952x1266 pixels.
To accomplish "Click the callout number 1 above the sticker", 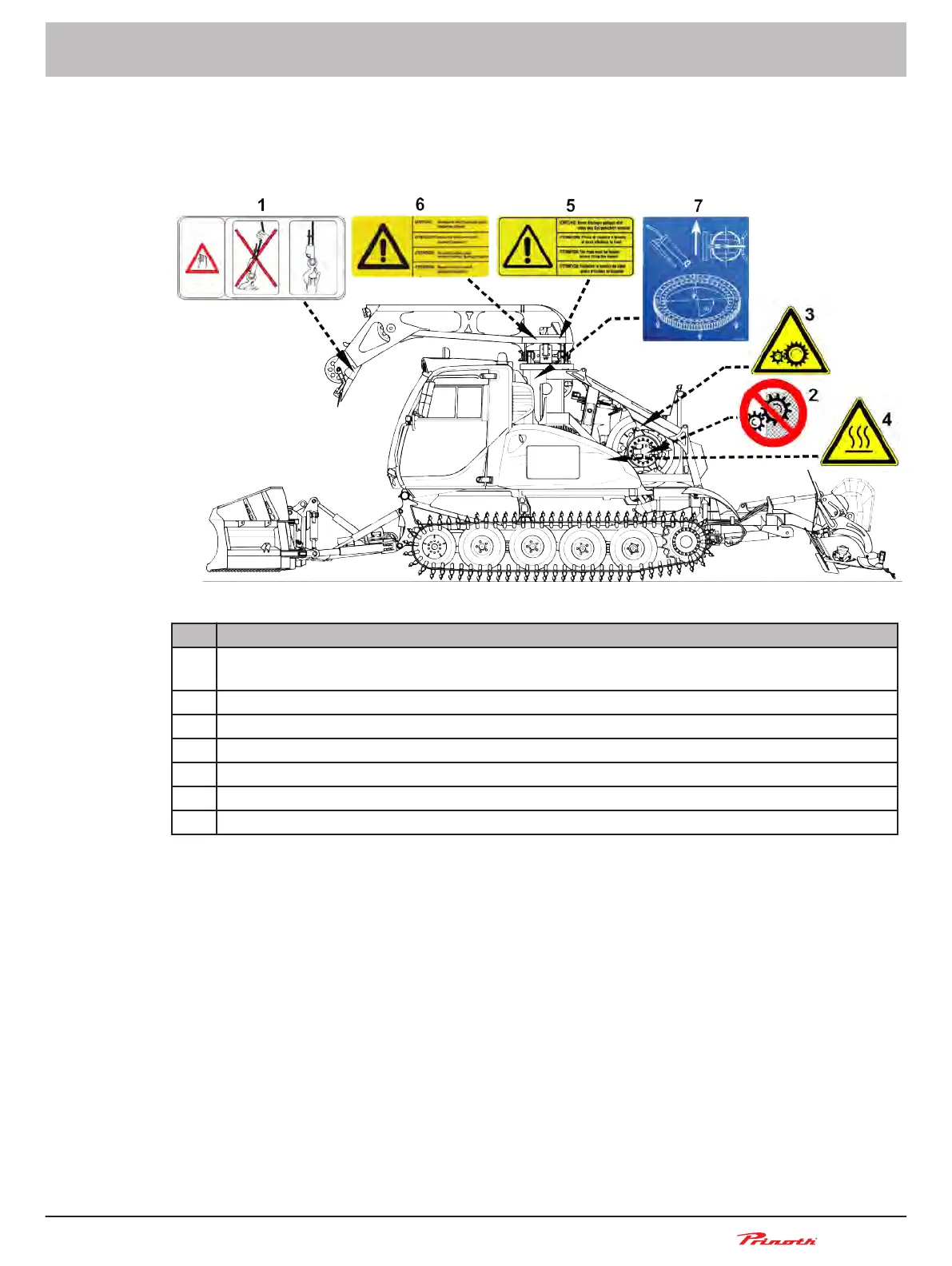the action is [261, 206].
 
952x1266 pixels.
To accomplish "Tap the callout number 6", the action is [420, 205].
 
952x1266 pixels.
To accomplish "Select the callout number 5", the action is [571, 206].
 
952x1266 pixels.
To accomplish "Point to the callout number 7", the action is [698, 206].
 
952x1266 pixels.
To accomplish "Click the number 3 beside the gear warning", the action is [810, 315].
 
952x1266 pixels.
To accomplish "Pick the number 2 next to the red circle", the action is [814, 395].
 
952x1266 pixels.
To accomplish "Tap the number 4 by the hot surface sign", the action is [886, 420].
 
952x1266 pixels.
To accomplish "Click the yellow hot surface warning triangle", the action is [858, 435].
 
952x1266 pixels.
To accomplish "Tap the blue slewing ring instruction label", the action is [695, 278].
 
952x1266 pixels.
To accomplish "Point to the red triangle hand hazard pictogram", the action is [202, 258].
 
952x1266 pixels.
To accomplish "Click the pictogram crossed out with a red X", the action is [256, 258].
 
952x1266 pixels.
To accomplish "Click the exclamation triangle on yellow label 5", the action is [527, 247].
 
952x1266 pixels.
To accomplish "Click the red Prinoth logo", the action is [777, 1239].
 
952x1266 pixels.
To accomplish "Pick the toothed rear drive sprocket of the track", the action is [685, 543].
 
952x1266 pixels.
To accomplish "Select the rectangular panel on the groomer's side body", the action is [552, 463].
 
